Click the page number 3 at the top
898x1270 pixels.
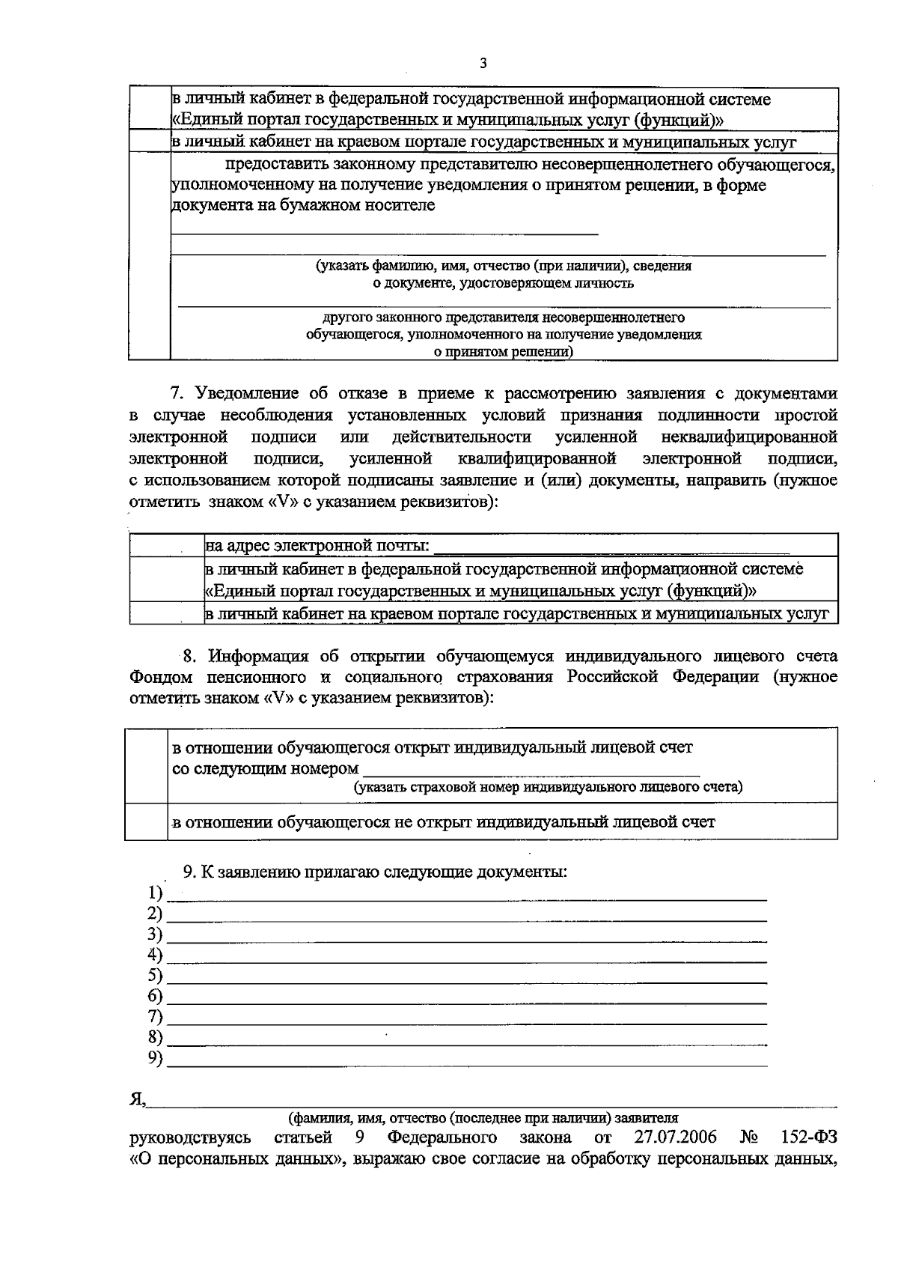tap(483, 64)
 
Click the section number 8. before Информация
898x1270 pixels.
tap(190, 657)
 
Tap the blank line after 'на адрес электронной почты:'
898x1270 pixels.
tap(611, 546)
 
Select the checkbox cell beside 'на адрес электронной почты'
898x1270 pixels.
tap(167, 545)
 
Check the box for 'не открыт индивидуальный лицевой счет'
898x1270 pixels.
tap(146, 821)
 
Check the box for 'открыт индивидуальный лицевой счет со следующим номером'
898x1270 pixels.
tap(146, 765)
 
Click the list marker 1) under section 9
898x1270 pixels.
tap(155, 893)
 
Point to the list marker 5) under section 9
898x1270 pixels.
tap(155, 975)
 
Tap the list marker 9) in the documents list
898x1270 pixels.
tap(155, 1057)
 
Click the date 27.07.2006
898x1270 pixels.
tap(675, 1138)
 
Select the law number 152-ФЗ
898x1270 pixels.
tap(808, 1138)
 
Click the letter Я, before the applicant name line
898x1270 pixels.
tap(137, 1099)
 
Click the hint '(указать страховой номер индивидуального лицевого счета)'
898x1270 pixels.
tap(548, 787)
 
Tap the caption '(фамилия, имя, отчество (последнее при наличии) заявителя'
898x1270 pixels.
tap(483, 1118)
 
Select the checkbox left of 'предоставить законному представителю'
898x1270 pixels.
tap(149, 256)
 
